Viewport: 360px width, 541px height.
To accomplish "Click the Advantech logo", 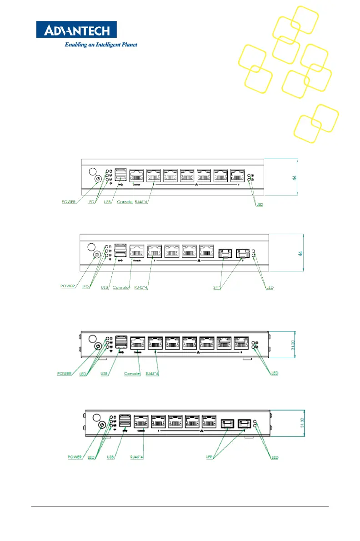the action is pos(76,30).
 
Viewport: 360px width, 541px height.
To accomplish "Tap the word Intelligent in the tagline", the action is pos(105,45).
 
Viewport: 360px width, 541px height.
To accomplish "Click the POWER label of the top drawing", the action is pos(70,202).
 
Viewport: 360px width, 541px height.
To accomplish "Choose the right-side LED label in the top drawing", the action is pos(260,205).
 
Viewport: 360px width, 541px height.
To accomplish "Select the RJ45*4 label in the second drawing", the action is pos(141,287).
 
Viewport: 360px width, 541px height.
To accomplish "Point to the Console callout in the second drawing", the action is pos(121,287).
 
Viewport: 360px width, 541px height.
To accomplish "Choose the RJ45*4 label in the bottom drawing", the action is pos(138,457).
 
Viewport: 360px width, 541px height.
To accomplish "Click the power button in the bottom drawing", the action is pos(102,425).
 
